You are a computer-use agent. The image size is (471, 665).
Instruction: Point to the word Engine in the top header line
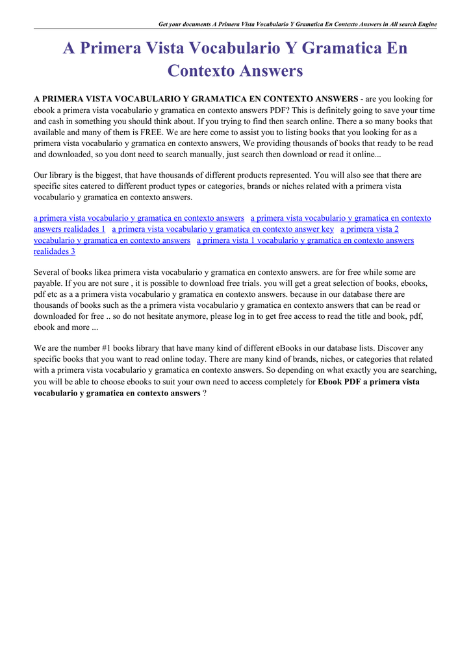coord(424,24)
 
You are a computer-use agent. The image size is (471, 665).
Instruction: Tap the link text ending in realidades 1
coord(69,229)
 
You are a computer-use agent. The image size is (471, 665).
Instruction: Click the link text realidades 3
coord(55,251)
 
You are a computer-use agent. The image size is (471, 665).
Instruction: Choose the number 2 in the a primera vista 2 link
coord(396,229)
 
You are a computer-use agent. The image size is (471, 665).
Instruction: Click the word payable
coord(47,284)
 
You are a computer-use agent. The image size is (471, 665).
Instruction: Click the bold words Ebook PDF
coord(338,382)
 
